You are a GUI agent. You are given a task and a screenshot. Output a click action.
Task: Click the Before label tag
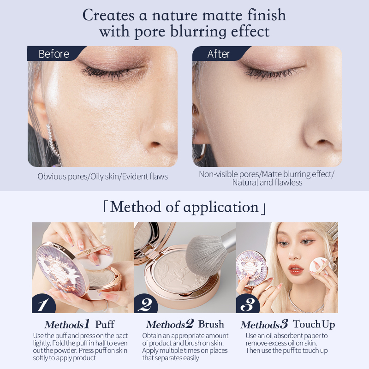click(55, 54)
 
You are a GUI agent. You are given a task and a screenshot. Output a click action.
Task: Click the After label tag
click(220, 54)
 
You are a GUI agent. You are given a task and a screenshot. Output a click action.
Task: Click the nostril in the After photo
click(324, 142)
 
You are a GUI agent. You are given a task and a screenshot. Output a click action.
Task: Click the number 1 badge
click(43, 304)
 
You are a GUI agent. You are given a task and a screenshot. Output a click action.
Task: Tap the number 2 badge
click(145, 304)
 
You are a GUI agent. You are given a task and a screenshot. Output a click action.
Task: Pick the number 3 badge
click(247, 304)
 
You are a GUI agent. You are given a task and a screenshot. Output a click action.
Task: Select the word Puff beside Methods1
click(105, 324)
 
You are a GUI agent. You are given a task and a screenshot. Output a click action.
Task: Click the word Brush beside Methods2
click(211, 324)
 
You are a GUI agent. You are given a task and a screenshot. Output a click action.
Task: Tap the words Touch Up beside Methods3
click(314, 324)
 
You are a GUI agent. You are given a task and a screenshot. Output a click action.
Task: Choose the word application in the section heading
click(221, 208)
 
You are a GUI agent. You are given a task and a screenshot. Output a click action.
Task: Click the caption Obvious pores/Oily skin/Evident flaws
click(102, 177)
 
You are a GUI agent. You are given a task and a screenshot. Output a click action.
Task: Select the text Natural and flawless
click(267, 182)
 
